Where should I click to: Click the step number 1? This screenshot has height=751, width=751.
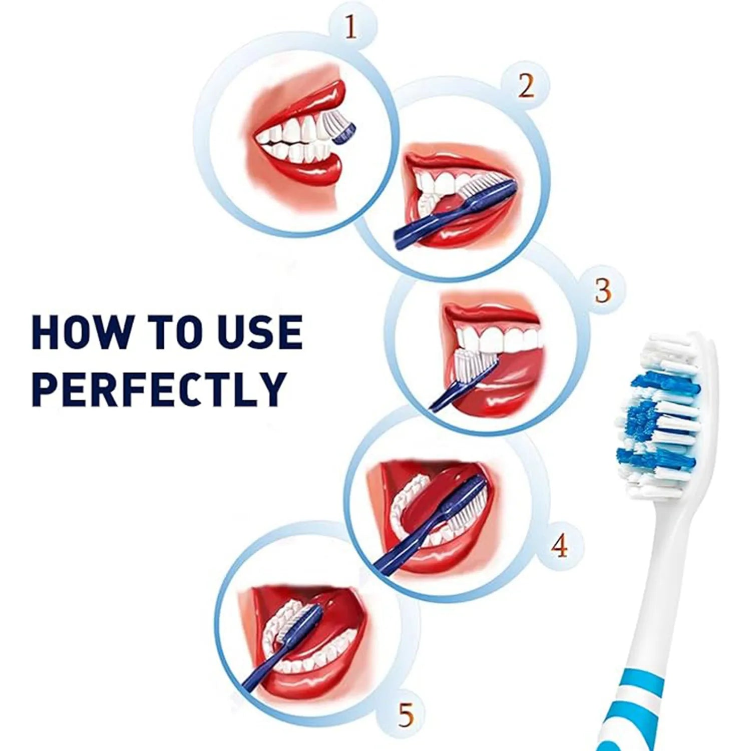click(x=351, y=29)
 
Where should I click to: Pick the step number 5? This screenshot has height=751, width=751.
click(x=406, y=715)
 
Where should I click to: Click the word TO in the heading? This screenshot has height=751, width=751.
click(x=172, y=332)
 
